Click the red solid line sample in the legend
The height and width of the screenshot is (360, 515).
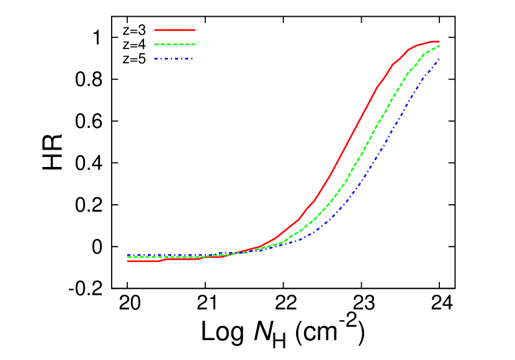(175, 30)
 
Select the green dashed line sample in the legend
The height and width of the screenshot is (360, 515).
(175, 45)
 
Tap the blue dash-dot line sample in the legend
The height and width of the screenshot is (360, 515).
(175, 59)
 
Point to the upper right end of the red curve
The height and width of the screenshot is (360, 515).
(439, 42)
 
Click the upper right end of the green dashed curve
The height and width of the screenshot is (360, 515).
(439, 45)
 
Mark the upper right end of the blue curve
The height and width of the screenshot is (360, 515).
(439, 59)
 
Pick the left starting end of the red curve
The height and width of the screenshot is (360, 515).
(128, 261)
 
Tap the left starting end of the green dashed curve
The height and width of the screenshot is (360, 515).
(128, 256)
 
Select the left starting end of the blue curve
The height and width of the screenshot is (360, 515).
(128, 254)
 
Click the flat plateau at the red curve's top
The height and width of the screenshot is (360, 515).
(434, 42)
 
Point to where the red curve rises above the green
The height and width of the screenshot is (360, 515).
(239, 251)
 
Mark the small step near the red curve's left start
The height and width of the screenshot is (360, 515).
(163, 259)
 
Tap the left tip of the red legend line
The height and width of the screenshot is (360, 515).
(155, 30)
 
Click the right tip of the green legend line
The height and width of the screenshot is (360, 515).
(195, 45)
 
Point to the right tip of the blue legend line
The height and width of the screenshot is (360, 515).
(194, 59)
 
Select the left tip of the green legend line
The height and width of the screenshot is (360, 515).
(155, 45)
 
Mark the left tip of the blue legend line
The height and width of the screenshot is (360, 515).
(155, 59)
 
